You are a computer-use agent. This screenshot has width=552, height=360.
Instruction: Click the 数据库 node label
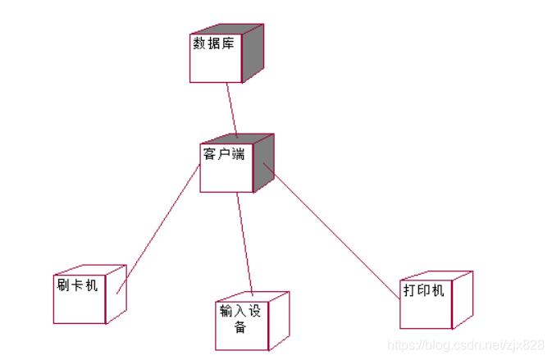pyautogui.click(x=213, y=43)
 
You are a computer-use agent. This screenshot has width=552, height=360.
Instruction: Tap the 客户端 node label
pyautogui.click(x=223, y=153)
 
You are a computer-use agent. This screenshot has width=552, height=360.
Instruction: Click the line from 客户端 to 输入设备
pyautogui.click(x=244, y=242)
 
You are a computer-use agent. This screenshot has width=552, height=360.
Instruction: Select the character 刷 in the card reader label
pyautogui.click(x=63, y=285)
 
